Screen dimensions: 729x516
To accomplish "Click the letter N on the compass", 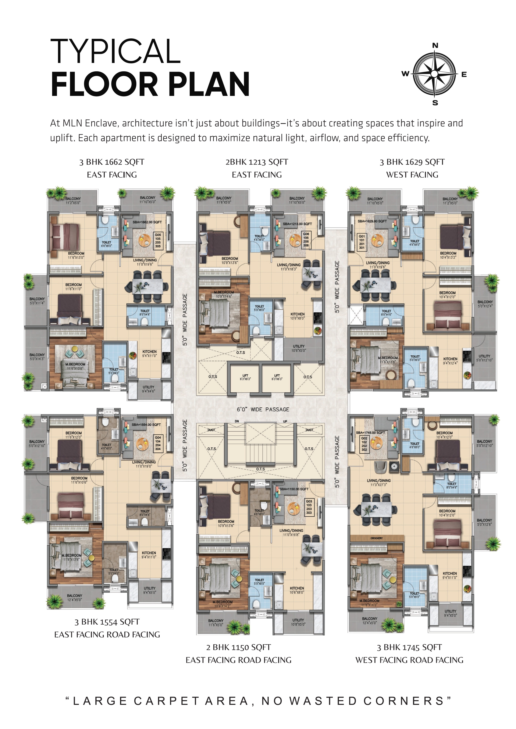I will coord(435,46).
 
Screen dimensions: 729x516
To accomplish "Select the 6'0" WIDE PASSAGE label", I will coord(263,409).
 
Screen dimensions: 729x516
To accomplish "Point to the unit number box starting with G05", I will coord(158,240).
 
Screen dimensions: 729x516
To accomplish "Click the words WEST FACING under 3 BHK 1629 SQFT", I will coord(412,175).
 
